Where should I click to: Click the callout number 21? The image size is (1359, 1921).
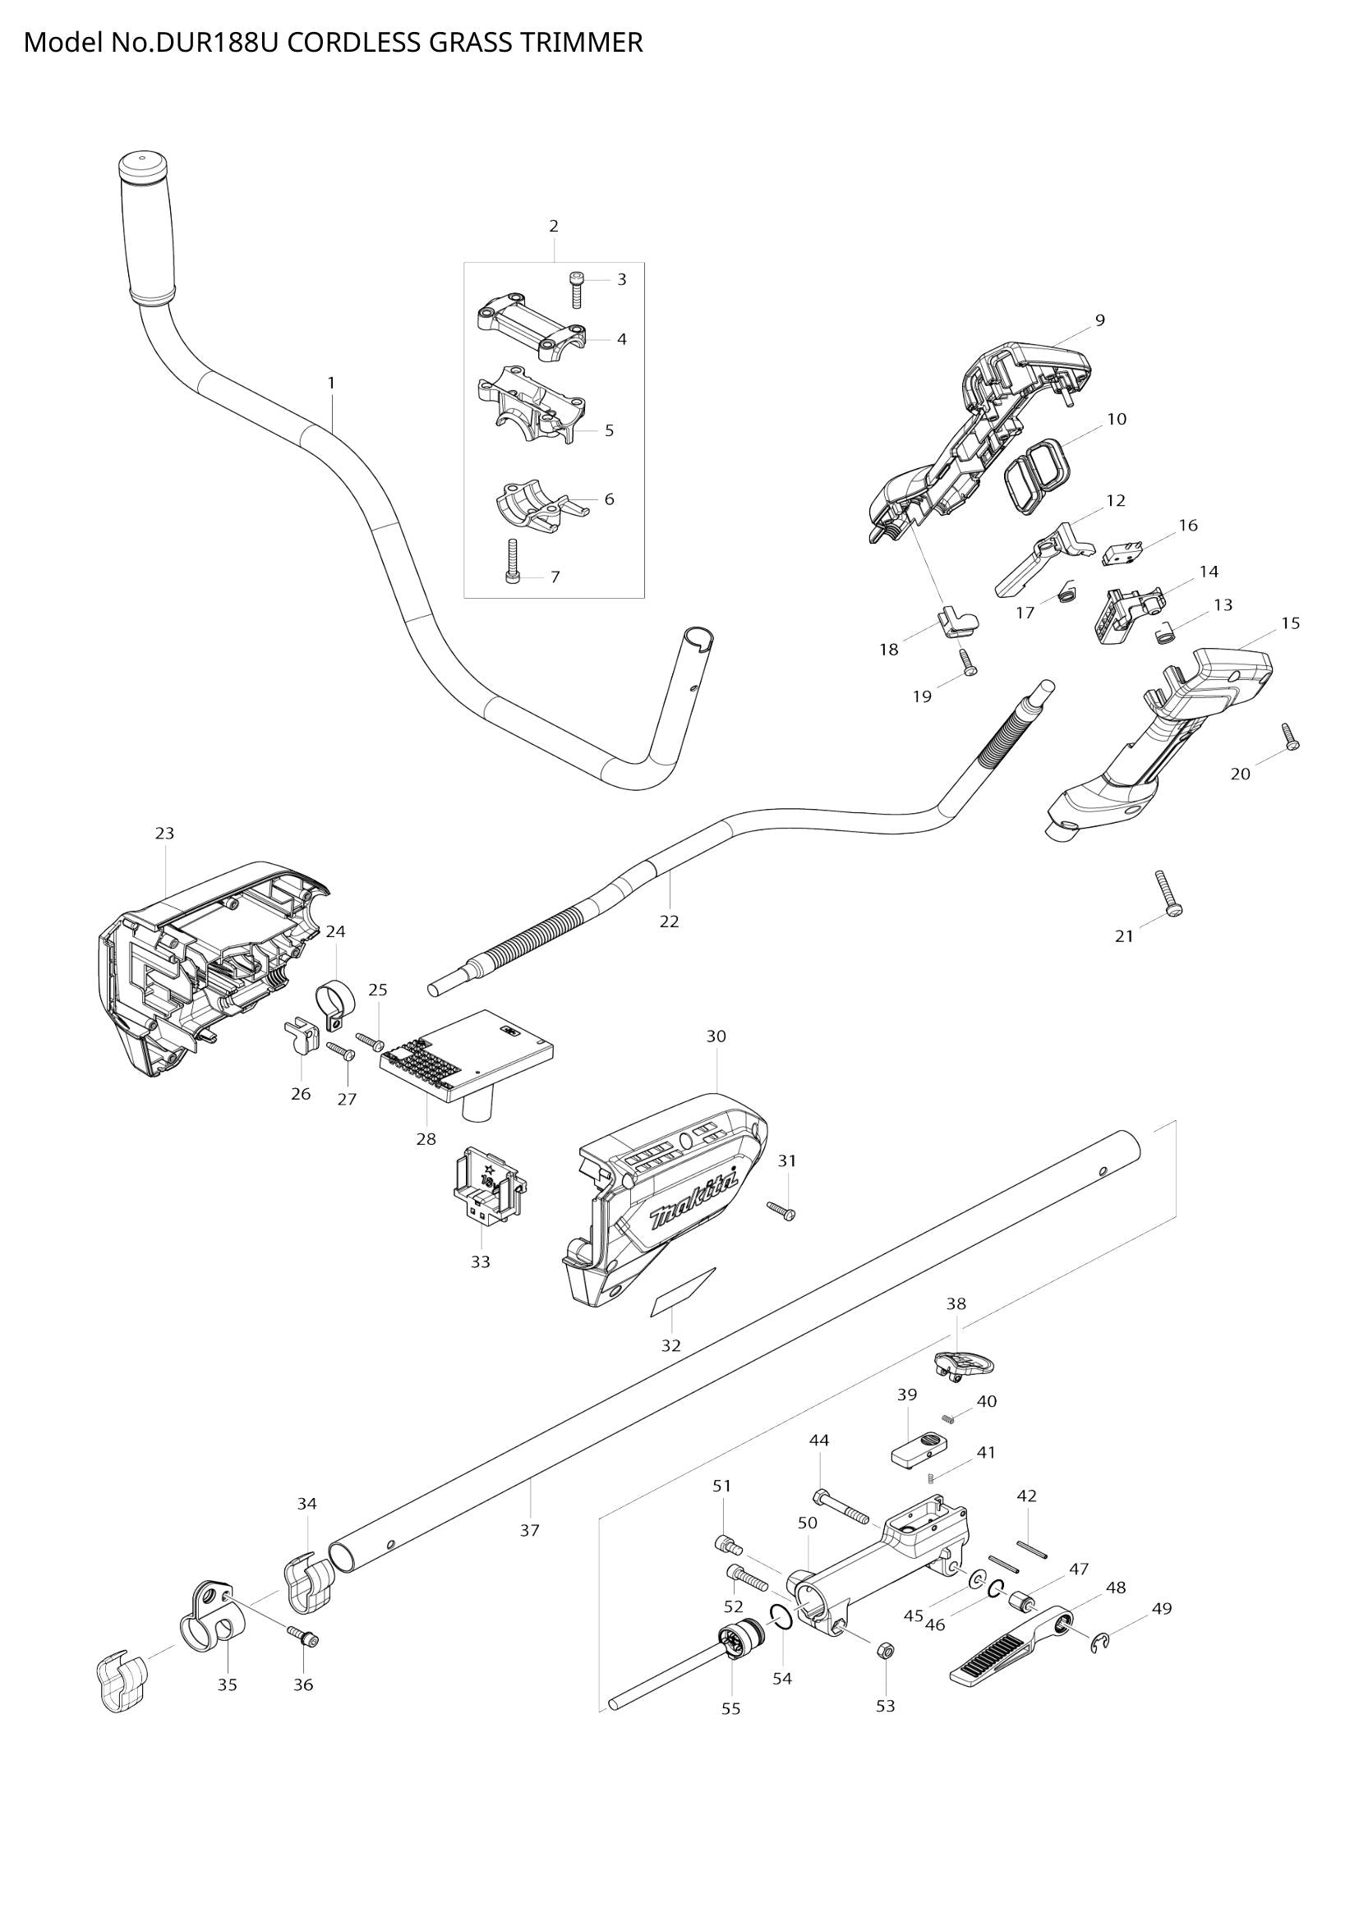click(x=1123, y=936)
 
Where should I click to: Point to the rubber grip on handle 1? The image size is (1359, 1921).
click(x=147, y=227)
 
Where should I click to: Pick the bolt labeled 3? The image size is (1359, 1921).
click(x=577, y=289)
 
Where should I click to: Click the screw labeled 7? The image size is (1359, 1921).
click(x=514, y=561)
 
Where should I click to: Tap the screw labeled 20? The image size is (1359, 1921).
click(x=1289, y=736)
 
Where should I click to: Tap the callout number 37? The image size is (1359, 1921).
click(x=529, y=1530)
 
